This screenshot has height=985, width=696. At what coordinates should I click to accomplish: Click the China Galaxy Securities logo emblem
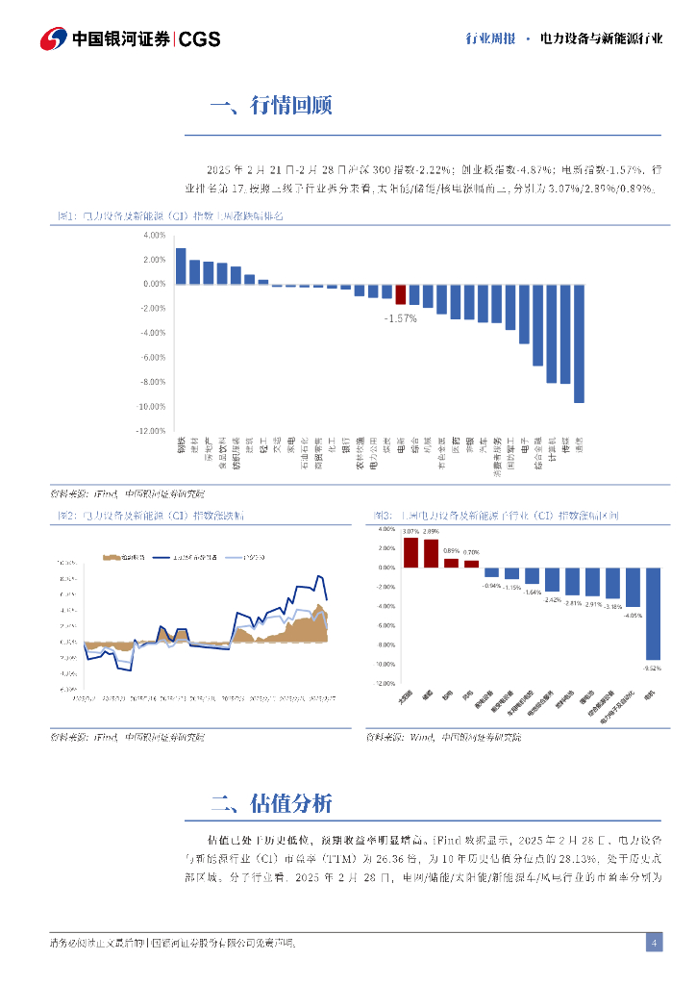(x=54, y=38)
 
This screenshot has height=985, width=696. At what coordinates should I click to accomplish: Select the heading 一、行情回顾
(x=270, y=106)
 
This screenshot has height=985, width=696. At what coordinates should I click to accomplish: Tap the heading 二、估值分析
(x=270, y=804)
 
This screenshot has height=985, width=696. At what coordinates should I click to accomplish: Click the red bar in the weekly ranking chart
(x=401, y=294)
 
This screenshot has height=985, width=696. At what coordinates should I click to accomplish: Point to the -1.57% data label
(x=401, y=317)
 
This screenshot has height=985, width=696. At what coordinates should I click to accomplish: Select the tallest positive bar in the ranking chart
(x=181, y=266)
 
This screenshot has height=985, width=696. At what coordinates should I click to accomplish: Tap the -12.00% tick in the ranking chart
(x=155, y=431)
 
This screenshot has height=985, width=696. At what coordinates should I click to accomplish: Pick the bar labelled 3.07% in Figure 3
(x=410, y=553)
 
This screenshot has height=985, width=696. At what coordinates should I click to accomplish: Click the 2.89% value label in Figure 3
(x=432, y=532)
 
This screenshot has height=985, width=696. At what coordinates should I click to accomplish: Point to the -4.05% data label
(x=633, y=615)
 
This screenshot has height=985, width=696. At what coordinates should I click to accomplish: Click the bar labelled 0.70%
(x=472, y=564)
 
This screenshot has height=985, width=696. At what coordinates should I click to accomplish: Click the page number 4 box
(x=654, y=943)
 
